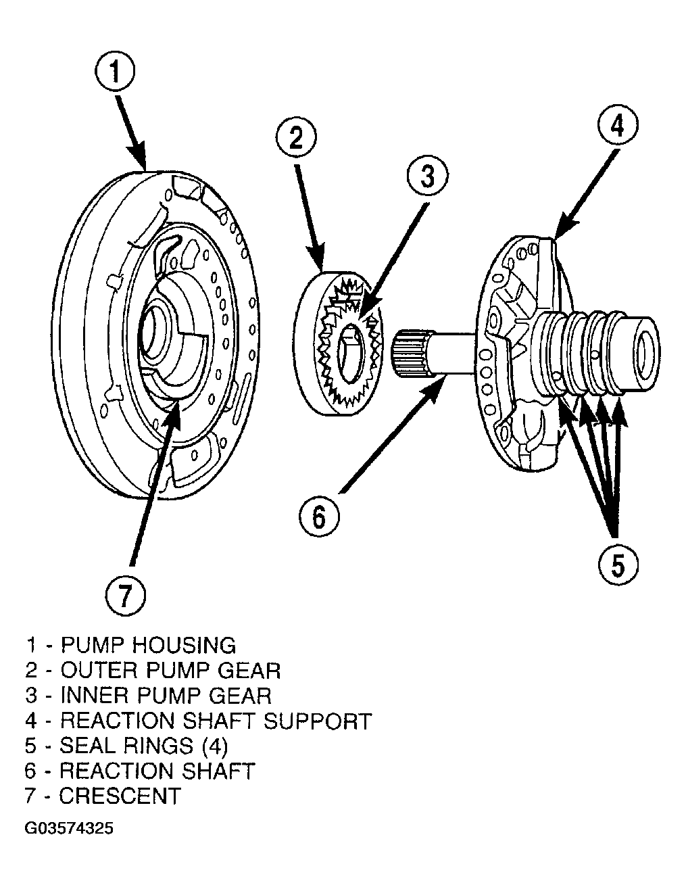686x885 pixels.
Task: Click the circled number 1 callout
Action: [x=115, y=72]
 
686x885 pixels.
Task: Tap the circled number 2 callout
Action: [x=296, y=138]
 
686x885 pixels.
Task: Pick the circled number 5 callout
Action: [x=618, y=565]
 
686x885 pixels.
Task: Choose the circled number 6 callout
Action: [x=319, y=517]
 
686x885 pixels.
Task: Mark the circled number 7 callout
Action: [x=126, y=596]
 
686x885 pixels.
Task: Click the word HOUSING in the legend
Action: [x=184, y=645]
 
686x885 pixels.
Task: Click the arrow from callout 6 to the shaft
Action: [x=393, y=435]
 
